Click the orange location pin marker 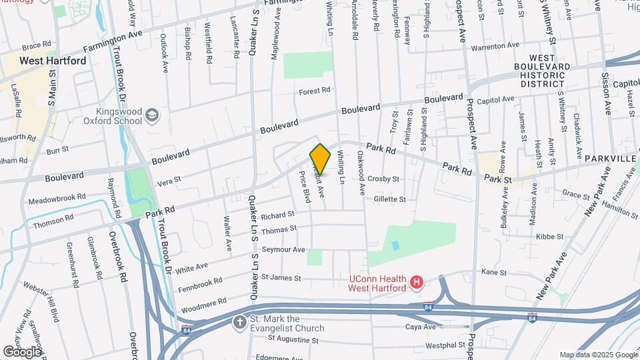[x=320, y=159]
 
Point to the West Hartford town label [x=53, y=61]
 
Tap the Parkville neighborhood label [x=611, y=159]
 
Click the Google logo [x=21, y=351]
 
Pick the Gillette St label [x=390, y=199]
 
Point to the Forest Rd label [x=315, y=90]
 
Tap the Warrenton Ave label [x=495, y=48]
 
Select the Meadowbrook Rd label [x=57, y=199]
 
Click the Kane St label [x=494, y=272]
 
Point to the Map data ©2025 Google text [x=598, y=355]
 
